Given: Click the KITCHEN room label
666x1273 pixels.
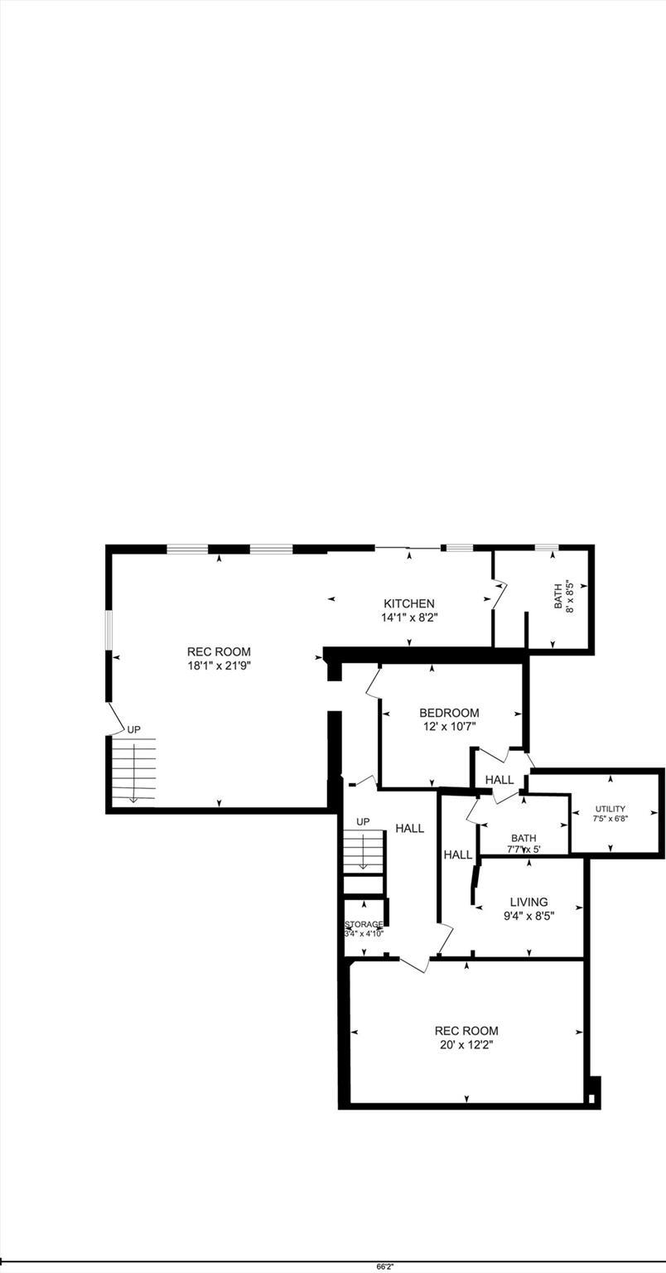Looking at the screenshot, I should coord(408,603).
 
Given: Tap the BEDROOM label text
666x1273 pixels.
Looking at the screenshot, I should coord(449,713).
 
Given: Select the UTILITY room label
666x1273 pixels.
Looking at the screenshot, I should coord(610,809).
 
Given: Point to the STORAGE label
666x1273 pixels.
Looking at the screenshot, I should coord(364,924).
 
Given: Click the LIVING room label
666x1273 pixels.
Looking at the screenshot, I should coord(528,902).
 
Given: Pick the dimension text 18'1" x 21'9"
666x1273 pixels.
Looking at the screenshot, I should coord(219,665).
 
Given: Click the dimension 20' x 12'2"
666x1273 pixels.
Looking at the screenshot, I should coord(466,1045).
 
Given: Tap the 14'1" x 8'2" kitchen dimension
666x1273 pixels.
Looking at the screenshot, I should coord(408,617).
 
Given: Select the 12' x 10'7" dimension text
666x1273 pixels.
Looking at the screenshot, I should coord(449,727).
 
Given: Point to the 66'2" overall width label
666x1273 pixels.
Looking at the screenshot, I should coord(385,1266).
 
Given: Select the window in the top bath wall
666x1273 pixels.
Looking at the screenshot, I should coord(546,547).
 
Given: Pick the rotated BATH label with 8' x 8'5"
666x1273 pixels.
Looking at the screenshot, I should coord(563,594).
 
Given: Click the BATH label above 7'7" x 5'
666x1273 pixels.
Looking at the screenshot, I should coord(524,838).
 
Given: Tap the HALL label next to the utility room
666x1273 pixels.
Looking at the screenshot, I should coord(499,780).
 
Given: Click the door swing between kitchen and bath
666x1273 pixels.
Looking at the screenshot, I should coord(499,595).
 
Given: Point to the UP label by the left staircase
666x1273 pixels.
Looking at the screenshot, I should coord(133,729).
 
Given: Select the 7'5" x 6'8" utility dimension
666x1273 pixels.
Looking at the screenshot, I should coord(610,819).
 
